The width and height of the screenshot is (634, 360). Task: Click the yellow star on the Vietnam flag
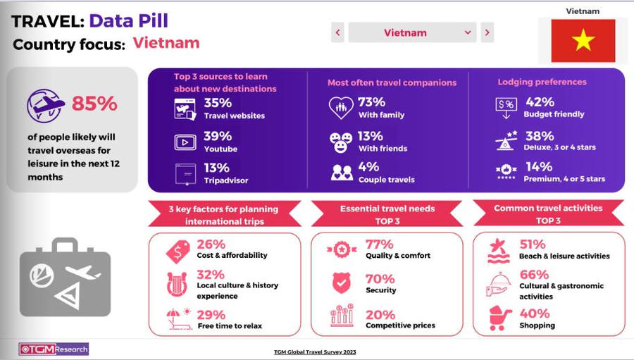(583, 41)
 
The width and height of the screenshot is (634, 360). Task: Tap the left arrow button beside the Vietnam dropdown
(337, 32)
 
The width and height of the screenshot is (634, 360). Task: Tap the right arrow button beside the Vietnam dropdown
(487, 32)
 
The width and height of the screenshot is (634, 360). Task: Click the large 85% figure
(94, 104)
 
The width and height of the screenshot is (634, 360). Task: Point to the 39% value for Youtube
(217, 136)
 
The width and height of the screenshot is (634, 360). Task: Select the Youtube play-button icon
(185, 142)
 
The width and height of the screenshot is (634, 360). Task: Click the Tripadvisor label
(225, 180)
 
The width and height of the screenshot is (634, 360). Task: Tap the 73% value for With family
(371, 102)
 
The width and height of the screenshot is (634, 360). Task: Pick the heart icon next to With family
(341, 108)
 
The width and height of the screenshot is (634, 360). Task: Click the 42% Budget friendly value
(540, 102)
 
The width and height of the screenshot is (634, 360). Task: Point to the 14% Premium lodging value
(537, 167)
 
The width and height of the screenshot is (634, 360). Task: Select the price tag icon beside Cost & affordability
(177, 250)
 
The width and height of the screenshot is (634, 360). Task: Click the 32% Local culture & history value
(211, 274)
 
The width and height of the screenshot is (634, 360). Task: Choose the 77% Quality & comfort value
(379, 244)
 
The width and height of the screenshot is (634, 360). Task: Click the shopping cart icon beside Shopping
(500, 318)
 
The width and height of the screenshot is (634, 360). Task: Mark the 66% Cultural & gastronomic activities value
(533, 274)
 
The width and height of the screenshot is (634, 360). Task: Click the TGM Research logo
(54, 349)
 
